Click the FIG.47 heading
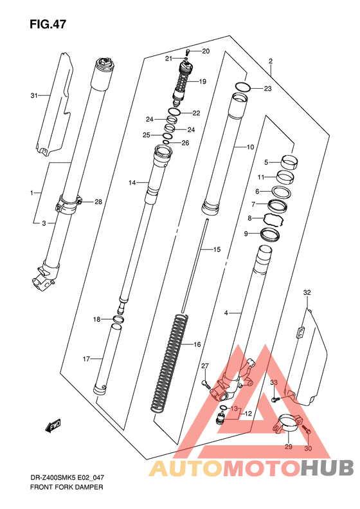pos(48,24)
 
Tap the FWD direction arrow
pos(53,425)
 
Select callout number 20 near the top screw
pos(206,51)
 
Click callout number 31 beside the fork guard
pos(34,95)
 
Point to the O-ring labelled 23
pos(243,87)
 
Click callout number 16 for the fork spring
pos(197,344)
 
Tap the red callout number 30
pos(308,449)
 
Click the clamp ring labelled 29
pos(289,425)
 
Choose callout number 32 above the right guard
pos(307,293)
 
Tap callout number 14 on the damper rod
pos(132,183)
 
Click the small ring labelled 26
pos(166,142)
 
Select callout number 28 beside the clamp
pos(98,202)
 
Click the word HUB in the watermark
pos(328,468)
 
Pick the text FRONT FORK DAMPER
pos(66,487)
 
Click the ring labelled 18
pos(119,319)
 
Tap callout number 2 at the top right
pos(271,60)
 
